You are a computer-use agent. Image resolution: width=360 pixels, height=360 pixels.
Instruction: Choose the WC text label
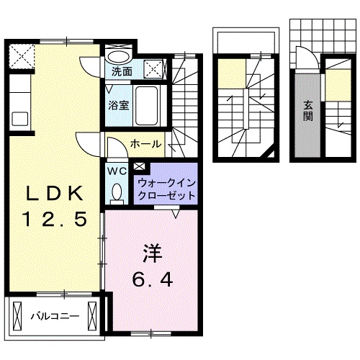click(116, 171)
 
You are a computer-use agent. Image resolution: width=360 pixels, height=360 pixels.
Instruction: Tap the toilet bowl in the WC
click(117, 192)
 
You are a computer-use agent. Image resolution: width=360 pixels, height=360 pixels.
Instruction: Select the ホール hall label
click(145, 145)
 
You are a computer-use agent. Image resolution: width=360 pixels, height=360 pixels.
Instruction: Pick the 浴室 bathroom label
click(118, 105)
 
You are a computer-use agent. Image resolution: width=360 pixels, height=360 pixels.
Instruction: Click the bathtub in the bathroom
click(150, 104)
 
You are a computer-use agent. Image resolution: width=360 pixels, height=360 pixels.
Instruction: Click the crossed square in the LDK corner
click(22, 55)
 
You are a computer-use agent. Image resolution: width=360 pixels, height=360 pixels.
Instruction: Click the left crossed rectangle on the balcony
click(16, 315)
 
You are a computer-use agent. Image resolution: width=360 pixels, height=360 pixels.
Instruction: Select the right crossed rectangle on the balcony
click(93, 315)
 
